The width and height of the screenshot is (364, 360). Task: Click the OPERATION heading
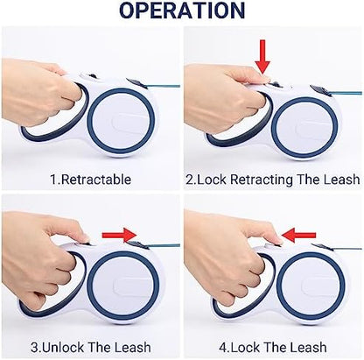pos(182,11)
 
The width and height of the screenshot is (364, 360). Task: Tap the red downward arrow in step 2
pos(262,57)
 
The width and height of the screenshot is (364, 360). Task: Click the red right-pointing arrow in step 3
pos(119,235)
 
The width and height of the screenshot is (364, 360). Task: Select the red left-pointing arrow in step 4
pos(299,235)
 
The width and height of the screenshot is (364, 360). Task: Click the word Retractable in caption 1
pos(96,180)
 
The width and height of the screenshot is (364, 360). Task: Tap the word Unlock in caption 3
pos(63,347)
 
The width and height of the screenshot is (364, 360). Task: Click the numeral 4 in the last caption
pos(222,348)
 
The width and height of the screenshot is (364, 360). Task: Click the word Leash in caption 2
pos(342,180)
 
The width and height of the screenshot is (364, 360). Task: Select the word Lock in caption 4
pos(245,347)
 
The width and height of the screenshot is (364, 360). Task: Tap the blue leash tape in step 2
pos(346,94)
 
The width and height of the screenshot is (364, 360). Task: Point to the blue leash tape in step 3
pos(164,245)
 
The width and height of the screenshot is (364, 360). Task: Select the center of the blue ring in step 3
pos(123,285)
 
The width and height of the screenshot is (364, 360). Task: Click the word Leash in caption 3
pos(133,347)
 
